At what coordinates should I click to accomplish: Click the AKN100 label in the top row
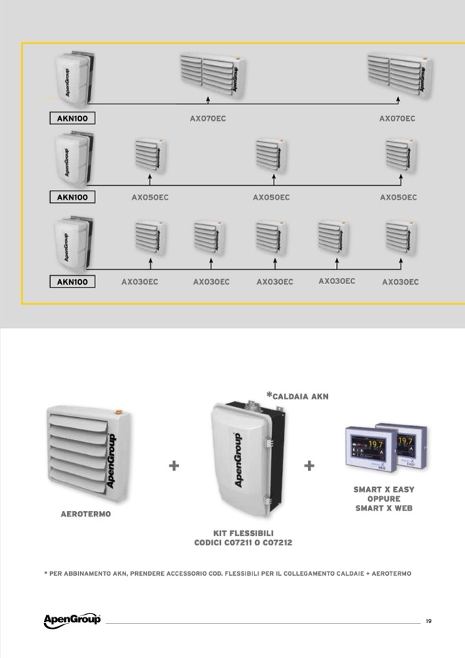[x=72, y=118]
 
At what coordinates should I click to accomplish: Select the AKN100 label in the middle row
[x=72, y=197]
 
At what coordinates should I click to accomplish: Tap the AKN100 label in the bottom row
[x=72, y=281]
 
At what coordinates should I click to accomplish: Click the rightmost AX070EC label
[x=397, y=119]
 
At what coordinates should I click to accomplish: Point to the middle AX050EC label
[x=271, y=198]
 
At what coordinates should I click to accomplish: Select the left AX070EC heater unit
[x=212, y=75]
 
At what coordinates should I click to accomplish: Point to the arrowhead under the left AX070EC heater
[x=208, y=100]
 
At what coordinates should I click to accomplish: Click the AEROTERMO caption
[x=86, y=515]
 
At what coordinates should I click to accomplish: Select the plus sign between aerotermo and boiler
[x=174, y=466]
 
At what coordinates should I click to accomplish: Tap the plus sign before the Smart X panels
[x=309, y=466]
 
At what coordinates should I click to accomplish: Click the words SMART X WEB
[x=383, y=508]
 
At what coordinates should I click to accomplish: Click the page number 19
[x=428, y=622]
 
